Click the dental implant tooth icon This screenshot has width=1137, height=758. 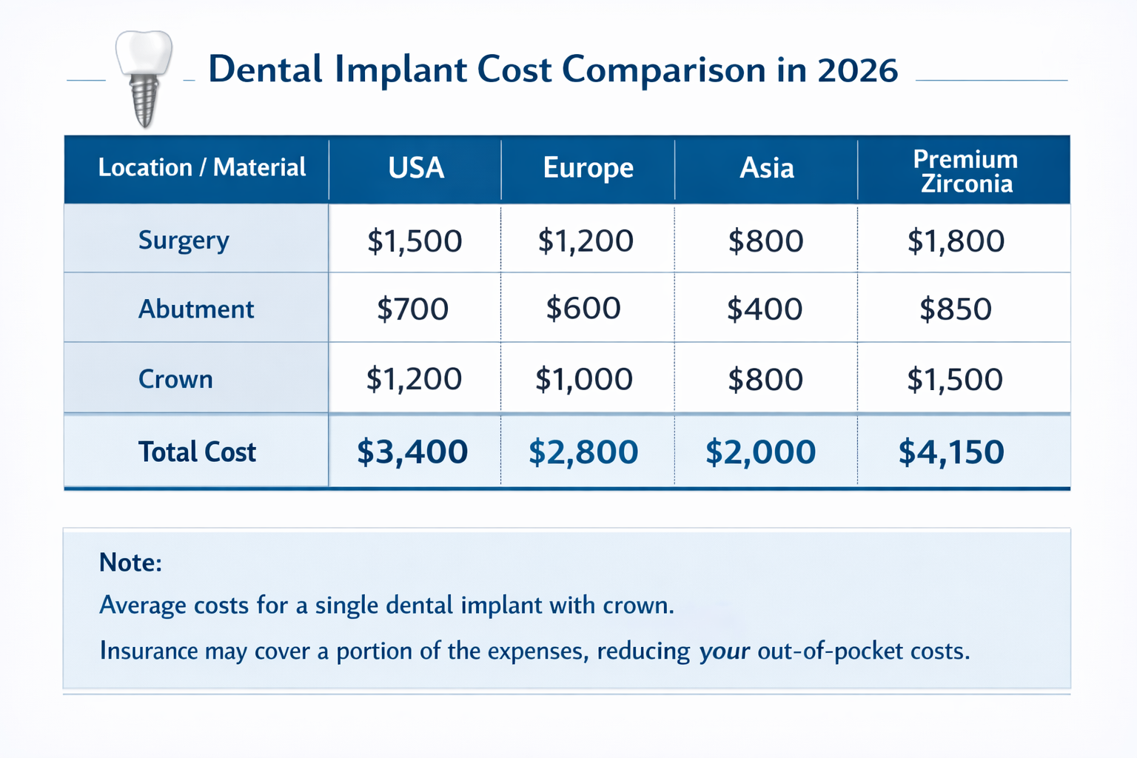pyautogui.click(x=144, y=78)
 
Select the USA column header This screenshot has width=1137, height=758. pyautogui.click(x=416, y=168)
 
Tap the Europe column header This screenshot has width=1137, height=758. pyautogui.click(x=588, y=168)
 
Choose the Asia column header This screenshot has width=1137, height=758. pyautogui.click(x=766, y=168)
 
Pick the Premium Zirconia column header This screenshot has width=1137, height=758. pyautogui.click(x=965, y=171)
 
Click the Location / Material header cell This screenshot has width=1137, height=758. pyautogui.click(x=201, y=168)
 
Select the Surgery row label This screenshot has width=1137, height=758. pyautogui.click(x=184, y=241)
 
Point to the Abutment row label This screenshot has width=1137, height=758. pyautogui.click(x=196, y=309)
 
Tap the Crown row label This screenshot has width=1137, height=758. pyautogui.click(x=175, y=379)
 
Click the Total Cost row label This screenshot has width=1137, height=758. pyautogui.click(x=197, y=452)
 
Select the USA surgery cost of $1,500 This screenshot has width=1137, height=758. pyautogui.click(x=415, y=241)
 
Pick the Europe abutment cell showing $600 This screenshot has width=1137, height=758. pyautogui.click(x=583, y=308)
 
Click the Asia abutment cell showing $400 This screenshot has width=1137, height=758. pyautogui.click(x=765, y=309)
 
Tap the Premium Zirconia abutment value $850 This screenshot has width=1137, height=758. pyautogui.click(x=955, y=309)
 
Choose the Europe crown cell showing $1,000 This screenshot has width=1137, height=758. pyautogui.click(x=583, y=379)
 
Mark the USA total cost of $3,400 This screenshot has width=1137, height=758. pyautogui.click(x=412, y=452)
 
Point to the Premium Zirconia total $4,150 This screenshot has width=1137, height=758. pyautogui.click(x=951, y=452)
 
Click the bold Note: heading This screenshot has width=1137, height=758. pyautogui.click(x=130, y=563)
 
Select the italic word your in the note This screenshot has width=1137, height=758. pyautogui.click(x=724, y=651)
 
